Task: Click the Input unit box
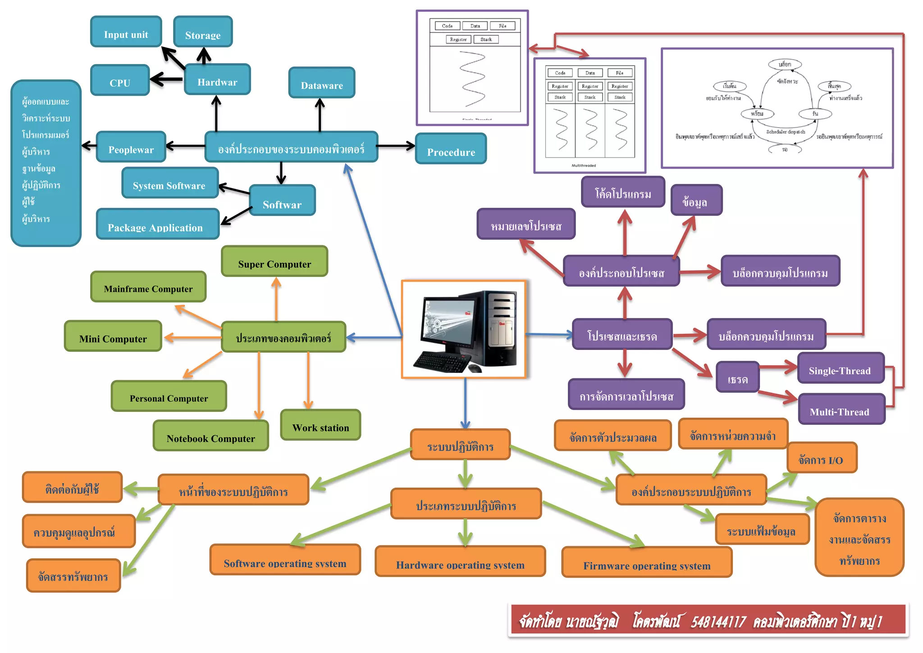coord(126,32)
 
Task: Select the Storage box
coord(203,32)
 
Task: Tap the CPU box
coord(120,80)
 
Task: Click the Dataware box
coord(322,83)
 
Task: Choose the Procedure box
coord(451,149)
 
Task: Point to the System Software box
coord(170,183)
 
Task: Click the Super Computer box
coord(274,262)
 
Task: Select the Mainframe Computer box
coord(148,287)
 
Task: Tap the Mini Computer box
coord(113,336)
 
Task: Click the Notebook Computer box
coord(211,436)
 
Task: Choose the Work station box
coord(320,425)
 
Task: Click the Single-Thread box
coord(841,368)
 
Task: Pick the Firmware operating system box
coord(647,563)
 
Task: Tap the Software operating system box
coord(285,560)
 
